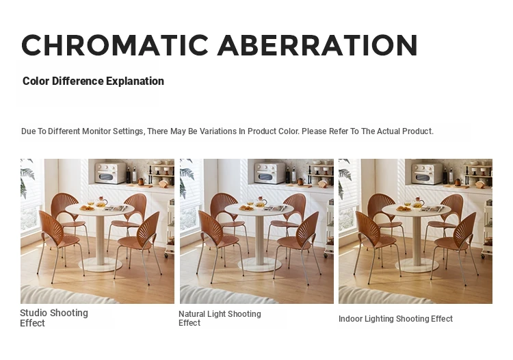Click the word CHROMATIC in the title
pos(115,45)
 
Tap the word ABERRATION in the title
pos(317,45)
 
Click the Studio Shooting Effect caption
pos(54,318)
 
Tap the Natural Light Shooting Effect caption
pos(220,318)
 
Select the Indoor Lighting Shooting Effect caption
pos(395,319)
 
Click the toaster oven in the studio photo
pos(110,172)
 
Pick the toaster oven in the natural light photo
pos(269,172)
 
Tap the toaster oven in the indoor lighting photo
pos(427,174)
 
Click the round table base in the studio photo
pos(100,264)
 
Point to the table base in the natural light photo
pos(259,264)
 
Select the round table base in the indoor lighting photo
pos(417,265)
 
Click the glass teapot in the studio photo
pos(102,202)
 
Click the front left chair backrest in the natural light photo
pos(210,228)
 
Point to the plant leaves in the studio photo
pos(27,179)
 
